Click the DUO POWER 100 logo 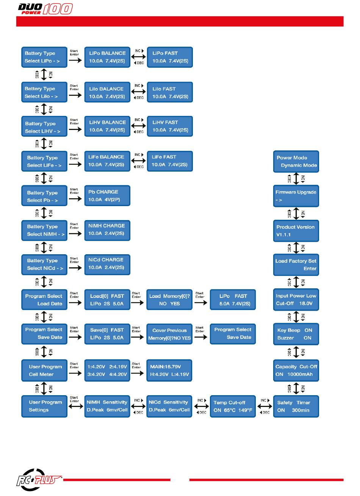coord(45,8)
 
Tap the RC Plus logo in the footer coord(39,480)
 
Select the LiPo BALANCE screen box coord(107,57)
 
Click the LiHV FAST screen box coord(170,126)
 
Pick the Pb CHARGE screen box coord(107,196)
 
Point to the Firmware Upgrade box coord(296,196)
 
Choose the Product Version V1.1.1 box coord(296,231)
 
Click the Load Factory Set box coord(296,265)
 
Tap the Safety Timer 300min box coord(296,406)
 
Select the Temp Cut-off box coord(232,406)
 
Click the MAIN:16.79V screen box coord(169,371)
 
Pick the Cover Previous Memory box coord(169,334)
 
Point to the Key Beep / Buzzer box coord(296,334)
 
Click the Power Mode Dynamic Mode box coord(296,161)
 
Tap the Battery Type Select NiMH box coord(44,230)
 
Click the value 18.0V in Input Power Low coord(306,304)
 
